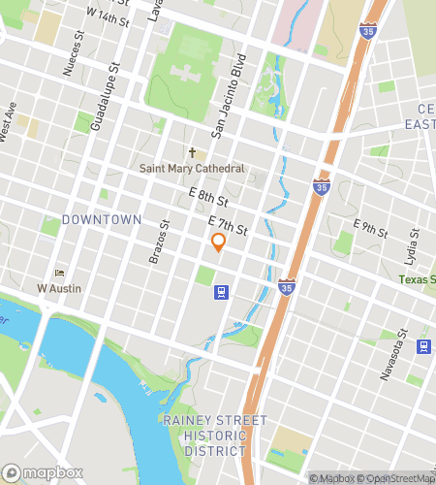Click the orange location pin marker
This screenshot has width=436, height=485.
[218, 242]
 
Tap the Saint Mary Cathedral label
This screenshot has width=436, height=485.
[193, 169]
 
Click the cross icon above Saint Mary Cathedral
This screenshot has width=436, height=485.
[193, 152]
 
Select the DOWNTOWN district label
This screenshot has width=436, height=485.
[102, 220]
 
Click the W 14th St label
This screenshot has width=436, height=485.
[107, 16]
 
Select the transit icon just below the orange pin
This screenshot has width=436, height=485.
[222, 291]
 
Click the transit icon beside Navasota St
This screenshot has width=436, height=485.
[423, 346]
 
